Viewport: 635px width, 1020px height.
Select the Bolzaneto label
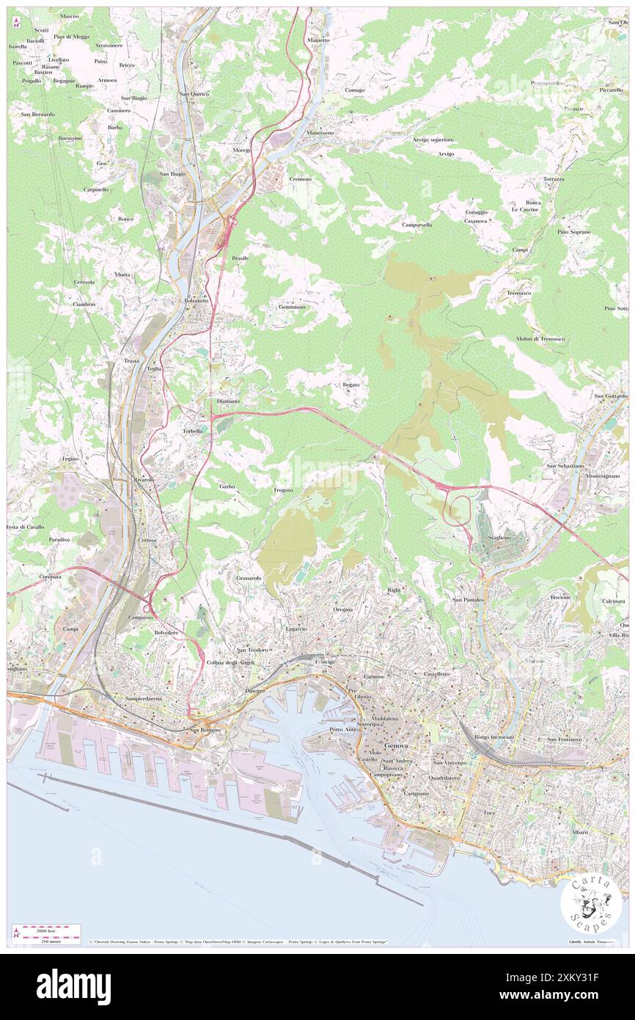(196, 301)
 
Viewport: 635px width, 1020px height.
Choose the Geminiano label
(292, 307)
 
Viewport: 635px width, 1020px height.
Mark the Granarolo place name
(249, 578)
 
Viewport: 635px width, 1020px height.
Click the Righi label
(394, 590)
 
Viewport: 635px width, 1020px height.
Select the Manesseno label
(320, 133)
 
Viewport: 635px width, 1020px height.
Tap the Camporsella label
(416, 225)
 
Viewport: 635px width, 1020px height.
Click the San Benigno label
(205, 730)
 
